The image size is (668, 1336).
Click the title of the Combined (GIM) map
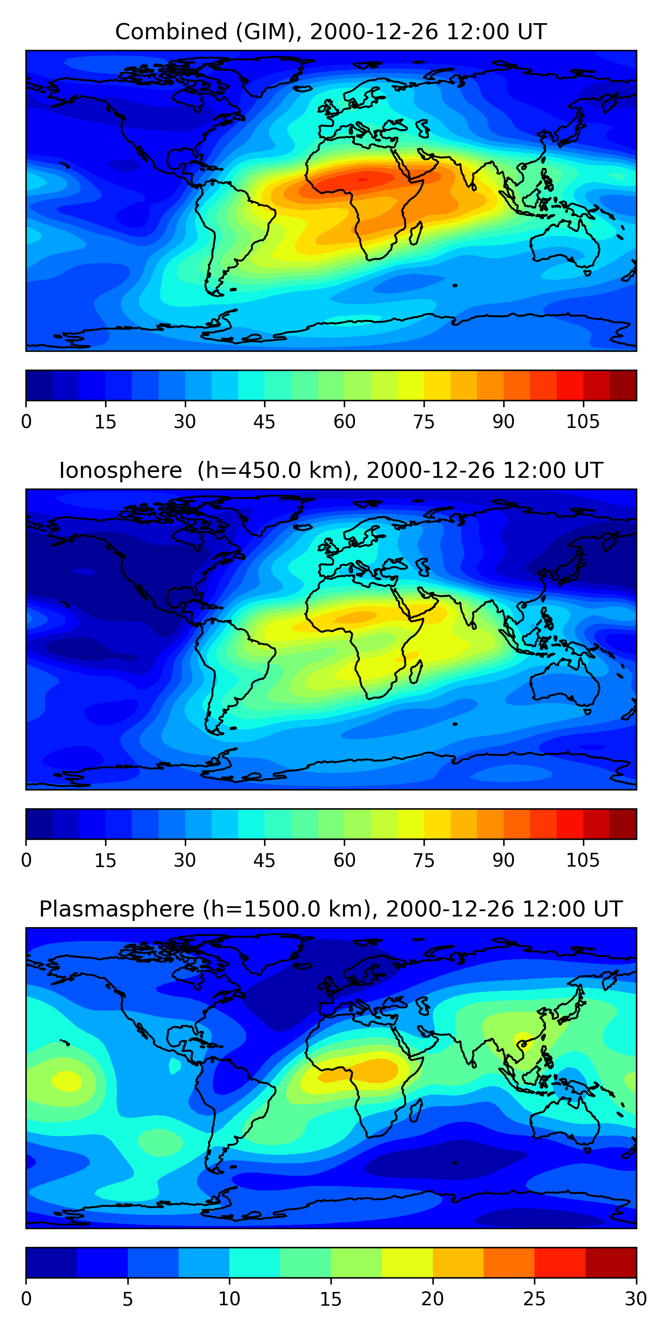(x=331, y=32)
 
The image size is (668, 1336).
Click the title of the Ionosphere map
(x=331, y=470)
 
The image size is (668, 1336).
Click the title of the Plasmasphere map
(x=331, y=909)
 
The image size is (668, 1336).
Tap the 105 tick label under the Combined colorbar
(x=582, y=422)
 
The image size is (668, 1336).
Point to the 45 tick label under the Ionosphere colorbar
(x=264, y=860)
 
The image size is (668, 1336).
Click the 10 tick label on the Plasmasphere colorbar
(x=229, y=1299)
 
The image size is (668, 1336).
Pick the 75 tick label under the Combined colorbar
(x=424, y=422)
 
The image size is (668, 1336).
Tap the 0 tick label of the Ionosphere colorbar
(x=26, y=860)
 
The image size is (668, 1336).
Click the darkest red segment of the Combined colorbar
(x=623, y=385)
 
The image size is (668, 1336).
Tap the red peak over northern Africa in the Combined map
(x=362, y=179)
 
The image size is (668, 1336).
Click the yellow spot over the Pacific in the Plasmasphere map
(x=66, y=1081)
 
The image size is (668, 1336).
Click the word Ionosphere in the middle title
(x=120, y=470)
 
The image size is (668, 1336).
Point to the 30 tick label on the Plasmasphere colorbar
(x=635, y=1299)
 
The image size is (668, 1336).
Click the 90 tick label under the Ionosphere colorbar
(x=503, y=860)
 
